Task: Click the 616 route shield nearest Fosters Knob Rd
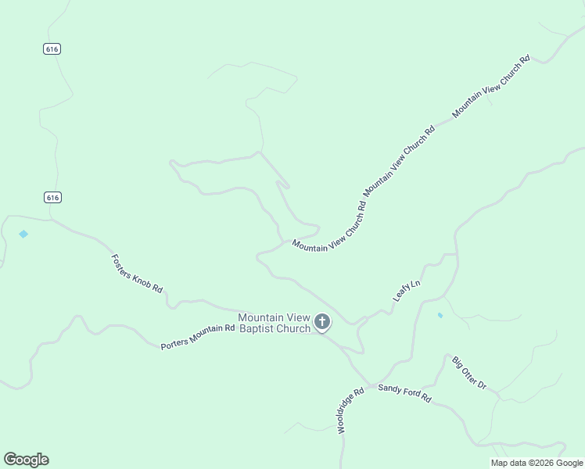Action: pyautogui.click(x=52, y=197)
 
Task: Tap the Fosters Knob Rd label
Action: pyautogui.click(x=137, y=274)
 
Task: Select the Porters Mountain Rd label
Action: pyautogui.click(x=198, y=336)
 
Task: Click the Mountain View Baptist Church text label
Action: pyautogui.click(x=274, y=323)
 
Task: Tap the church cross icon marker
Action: pyautogui.click(x=321, y=321)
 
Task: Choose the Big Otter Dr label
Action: pyautogui.click(x=469, y=374)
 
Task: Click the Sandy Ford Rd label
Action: pyautogui.click(x=404, y=393)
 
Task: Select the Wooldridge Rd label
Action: pyautogui.click(x=350, y=411)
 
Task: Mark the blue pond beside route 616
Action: pyautogui.click(x=23, y=234)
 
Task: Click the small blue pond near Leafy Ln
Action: pyautogui.click(x=440, y=315)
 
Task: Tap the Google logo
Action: pyautogui.click(x=26, y=460)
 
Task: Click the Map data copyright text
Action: pyautogui.click(x=537, y=463)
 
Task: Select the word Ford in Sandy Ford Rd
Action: pyautogui.click(x=407, y=393)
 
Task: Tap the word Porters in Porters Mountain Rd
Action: pyautogui.click(x=174, y=343)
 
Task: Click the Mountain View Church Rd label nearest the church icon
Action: pyautogui.click(x=329, y=226)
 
